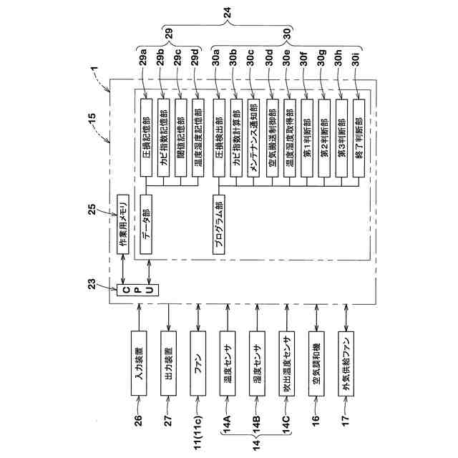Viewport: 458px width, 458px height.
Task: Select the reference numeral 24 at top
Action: click(x=228, y=11)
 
